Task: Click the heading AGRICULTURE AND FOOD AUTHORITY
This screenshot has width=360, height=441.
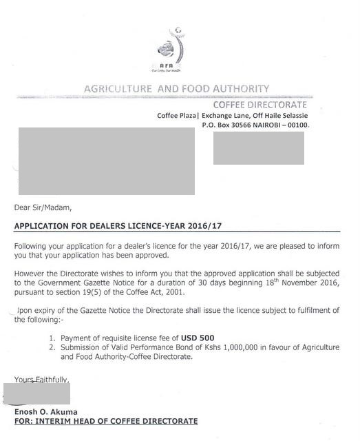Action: click(176, 89)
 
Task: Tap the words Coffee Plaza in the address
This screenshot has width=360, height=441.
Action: click(176, 115)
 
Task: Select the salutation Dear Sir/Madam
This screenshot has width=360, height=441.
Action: click(43, 207)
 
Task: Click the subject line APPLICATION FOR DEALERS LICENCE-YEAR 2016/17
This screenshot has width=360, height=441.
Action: click(118, 226)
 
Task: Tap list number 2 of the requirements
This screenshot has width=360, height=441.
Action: click(52, 348)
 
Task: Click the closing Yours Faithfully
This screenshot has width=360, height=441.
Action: click(41, 380)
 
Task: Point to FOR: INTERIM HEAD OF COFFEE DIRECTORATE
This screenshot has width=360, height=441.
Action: click(106, 421)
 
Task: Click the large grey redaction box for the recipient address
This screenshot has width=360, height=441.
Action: click(106, 161)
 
